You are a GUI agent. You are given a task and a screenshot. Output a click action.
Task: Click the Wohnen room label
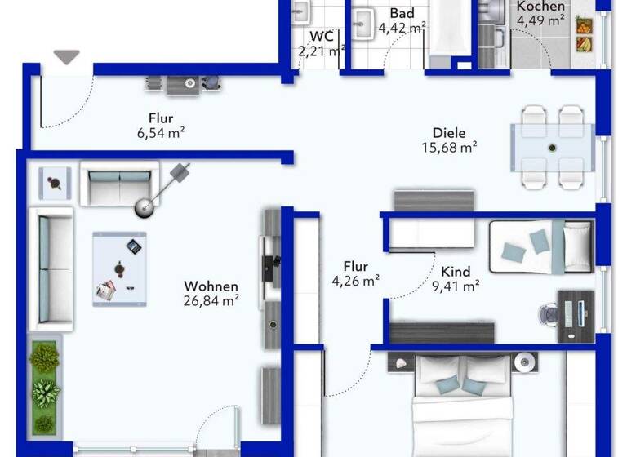click(x=211, y=286)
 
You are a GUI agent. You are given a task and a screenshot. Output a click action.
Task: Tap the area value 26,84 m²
click(x=211, y=300)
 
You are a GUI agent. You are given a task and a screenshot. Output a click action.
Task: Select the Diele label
click(x=449, y=133)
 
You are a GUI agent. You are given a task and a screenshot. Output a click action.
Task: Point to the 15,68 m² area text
click(x=449, y=148)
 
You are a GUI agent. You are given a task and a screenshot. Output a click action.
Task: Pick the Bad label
click(x=402, y=14)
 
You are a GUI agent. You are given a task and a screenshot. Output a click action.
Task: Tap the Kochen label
click(x=540, y=7)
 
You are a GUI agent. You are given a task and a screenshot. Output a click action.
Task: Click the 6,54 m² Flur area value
click(x=161, y=131)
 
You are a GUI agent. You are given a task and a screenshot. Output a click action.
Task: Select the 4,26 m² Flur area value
click(x=355, y=282)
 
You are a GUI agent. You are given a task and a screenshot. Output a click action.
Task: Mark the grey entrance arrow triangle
click(x=67, y=57)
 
